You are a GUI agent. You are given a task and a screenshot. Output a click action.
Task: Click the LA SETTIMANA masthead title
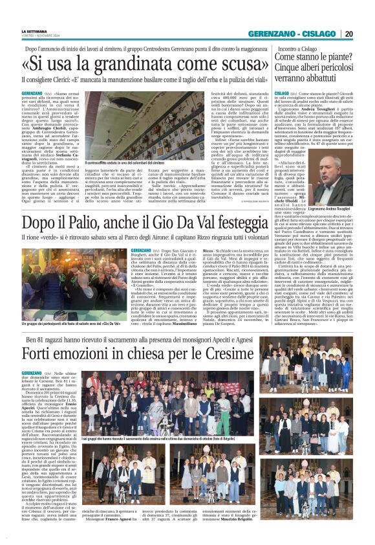[34, 31]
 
